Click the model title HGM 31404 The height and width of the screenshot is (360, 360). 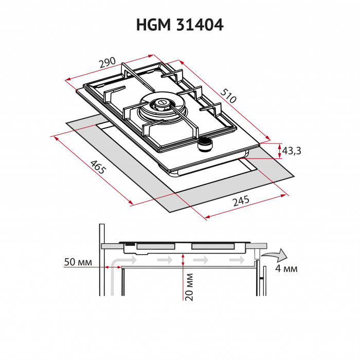coord(179,25)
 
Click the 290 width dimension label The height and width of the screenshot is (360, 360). coord(106,64)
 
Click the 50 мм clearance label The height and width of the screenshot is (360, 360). coord(78,263)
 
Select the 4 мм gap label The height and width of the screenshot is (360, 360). coord(286,269)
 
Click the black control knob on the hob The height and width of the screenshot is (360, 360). coord(206,145)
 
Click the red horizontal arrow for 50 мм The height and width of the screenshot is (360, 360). coord(113,267)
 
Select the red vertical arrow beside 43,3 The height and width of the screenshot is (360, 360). coord(279,151)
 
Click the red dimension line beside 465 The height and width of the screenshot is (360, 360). coord(92,170)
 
